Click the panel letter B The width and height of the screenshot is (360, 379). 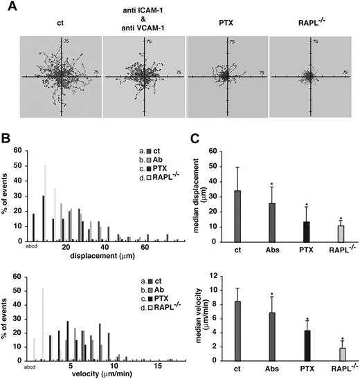(6, 137)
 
